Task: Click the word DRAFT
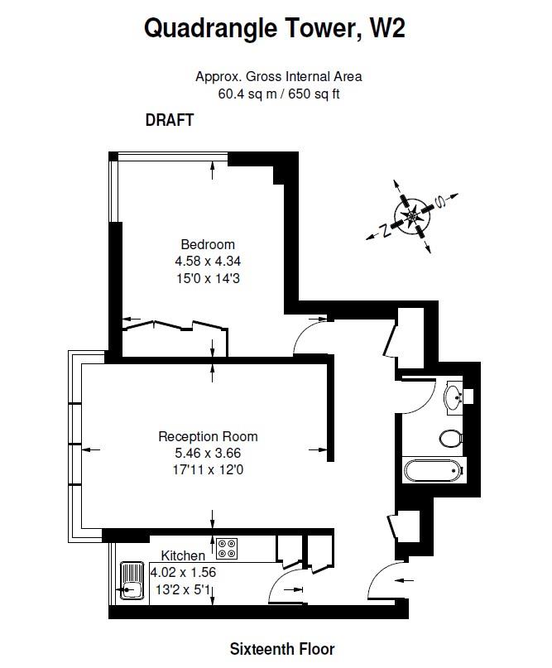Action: tap(170, 120)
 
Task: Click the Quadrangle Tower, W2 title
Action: tap(274, 28)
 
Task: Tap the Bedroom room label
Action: tap(208, 244)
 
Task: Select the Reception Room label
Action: tap(208, 437)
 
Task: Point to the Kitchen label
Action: tap(183, 555)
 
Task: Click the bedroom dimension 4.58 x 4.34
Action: tap(208, 261)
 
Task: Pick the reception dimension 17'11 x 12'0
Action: tap(208, 470)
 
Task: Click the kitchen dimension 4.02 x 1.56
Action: tap(183, 572)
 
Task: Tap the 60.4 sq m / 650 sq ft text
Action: tap(279, 94)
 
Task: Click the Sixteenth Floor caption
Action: tap(282, 649)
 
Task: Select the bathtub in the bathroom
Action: tap(434, 470)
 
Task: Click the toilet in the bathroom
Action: tap(451, 438)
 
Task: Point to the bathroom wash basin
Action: tap(454, 397)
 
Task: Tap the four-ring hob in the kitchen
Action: tap(227, 549)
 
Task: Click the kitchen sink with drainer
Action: tap(132, 580)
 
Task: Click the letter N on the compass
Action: tap(386, 230)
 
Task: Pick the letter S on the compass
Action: tap(439, 201)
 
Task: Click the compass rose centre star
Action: tap(412, 216)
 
